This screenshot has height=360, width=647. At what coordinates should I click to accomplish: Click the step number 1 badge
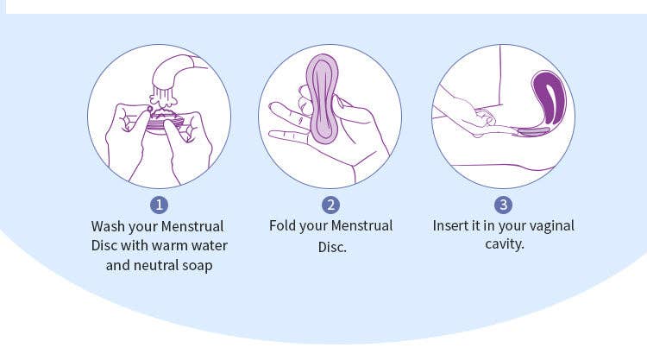[x=159, y=205]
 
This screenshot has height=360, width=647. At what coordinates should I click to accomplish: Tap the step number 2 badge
[x=331, y=205]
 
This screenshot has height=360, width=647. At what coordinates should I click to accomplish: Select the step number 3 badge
[x=503, y=205]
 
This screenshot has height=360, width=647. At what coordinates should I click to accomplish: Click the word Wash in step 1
[x=110, y=226]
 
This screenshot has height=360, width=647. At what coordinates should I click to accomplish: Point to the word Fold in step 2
[x=285, y=226]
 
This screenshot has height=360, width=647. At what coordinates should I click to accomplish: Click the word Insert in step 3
[x=451, y=226]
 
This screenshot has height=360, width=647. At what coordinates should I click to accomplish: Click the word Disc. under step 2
[x=331, y=248]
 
